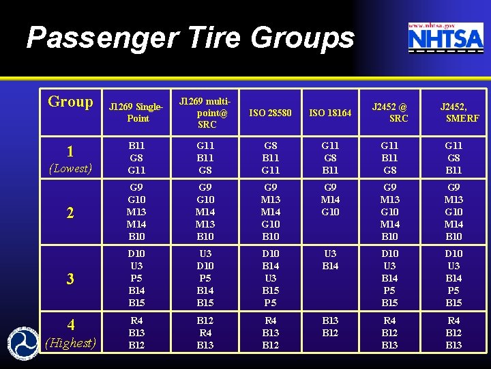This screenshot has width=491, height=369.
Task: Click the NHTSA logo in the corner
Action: pyautogui.click(x=445, y=38)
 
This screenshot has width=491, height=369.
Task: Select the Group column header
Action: pyautogui.click(x=70, y=102)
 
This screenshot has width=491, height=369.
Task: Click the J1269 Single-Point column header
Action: pyautogui.click(x=138, y=113)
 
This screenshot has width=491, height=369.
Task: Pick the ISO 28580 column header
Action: pyautogui.click(x=270, y=113)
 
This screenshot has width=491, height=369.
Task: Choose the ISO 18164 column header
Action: pyautogui.click(x=330, y=113)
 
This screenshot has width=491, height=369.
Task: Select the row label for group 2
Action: pyautogui.click(x=70, y=213)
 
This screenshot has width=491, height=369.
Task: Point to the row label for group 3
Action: pyautogui.click(x=70, y=279)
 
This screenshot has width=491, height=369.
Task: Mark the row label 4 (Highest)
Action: pyautogui.click(x=70, y=332)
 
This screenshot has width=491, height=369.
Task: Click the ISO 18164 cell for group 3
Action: pyautogui.click(x=330, y=260)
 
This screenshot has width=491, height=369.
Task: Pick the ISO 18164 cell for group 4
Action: pyautogui.click(x=330, y=326)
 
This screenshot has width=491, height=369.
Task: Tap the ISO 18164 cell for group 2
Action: pyautogui.click(x=330, y=200)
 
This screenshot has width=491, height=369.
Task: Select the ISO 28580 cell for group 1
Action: pyautogui.click(x=270, y=157)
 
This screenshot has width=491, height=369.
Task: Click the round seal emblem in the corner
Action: pyautogui.click(x=23, y=342)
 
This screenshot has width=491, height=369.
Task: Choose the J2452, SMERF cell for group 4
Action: pyautogui.click(x=453, y=332)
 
